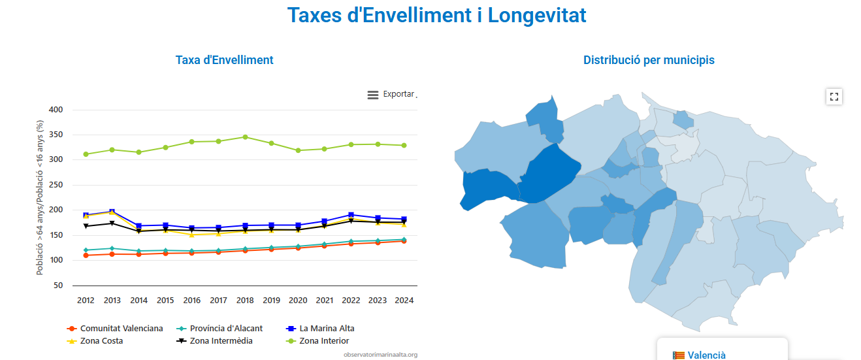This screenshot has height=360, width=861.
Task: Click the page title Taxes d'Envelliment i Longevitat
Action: click(x=436, y=15)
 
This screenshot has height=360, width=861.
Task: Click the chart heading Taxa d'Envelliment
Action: click(x=224, y=60)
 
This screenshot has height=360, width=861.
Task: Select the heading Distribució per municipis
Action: click(x=649, y=60)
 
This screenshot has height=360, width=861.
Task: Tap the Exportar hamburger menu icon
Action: click(x=373, y=95)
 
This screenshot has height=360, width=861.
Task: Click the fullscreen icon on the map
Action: click(x=834, y=97)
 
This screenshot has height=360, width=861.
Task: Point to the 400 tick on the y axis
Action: click(x=56, y=110)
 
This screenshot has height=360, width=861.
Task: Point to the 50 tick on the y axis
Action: click(x=58, y=286)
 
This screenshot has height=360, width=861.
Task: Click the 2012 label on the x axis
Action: click(x=86, y=301)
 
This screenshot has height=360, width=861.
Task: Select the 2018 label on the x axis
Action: click(x=245, y=301)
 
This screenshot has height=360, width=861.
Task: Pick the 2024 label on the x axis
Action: click(x=404, y=301)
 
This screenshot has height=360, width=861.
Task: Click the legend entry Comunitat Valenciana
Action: click(x=121, y=329)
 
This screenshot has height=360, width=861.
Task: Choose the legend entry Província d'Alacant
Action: click(x=226, y=329)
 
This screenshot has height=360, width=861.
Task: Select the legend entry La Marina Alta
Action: click(x=327, y=329)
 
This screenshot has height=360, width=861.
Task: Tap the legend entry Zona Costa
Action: click(x=101, y=341)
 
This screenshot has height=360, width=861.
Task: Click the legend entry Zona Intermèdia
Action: click(x=221, y=341)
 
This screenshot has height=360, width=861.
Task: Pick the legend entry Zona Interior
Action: click(x=324, y=341)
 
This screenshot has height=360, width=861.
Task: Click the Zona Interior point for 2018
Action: click(x=245, y=137)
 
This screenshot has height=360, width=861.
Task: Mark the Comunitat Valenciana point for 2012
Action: click(x=86, y=255)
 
